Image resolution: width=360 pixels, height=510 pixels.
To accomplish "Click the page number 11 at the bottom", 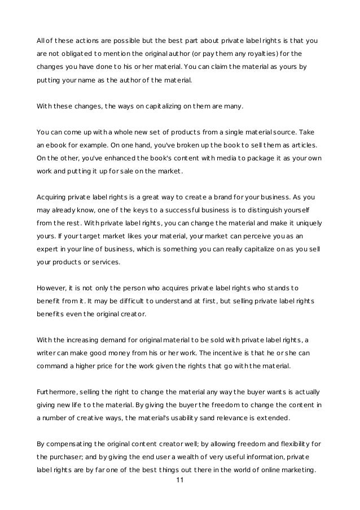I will point(180,480).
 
